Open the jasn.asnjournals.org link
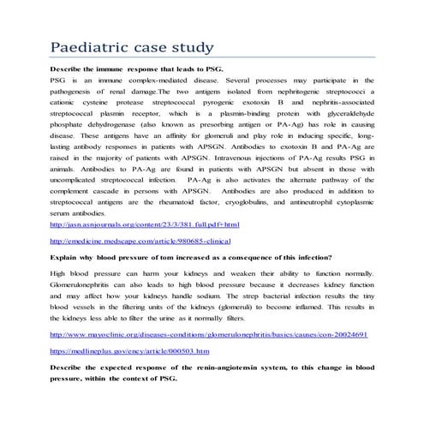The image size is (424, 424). tap(145, 224)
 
